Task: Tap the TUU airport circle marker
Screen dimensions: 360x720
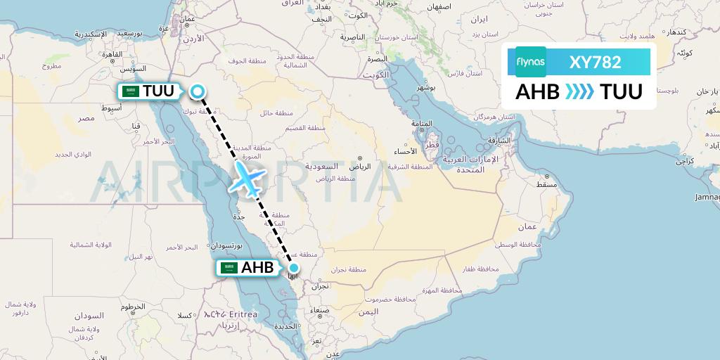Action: tap(197, 91)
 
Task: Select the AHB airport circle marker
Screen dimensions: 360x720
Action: tap(294, 267)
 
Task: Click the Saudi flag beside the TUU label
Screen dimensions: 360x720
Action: tap(129, 91)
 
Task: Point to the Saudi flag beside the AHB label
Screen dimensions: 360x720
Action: tap(228, 268)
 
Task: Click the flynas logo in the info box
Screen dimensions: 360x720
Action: tap(530, 62)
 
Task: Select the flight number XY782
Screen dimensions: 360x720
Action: tap(595, 62)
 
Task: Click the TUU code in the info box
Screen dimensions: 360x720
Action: tap(621, 92)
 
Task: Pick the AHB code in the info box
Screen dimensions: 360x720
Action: tap(538, 92)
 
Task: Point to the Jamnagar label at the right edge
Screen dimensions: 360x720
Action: tap(707, 197)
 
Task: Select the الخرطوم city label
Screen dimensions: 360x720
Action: tap(133, 307)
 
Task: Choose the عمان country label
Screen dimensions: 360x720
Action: tap(527, 227)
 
